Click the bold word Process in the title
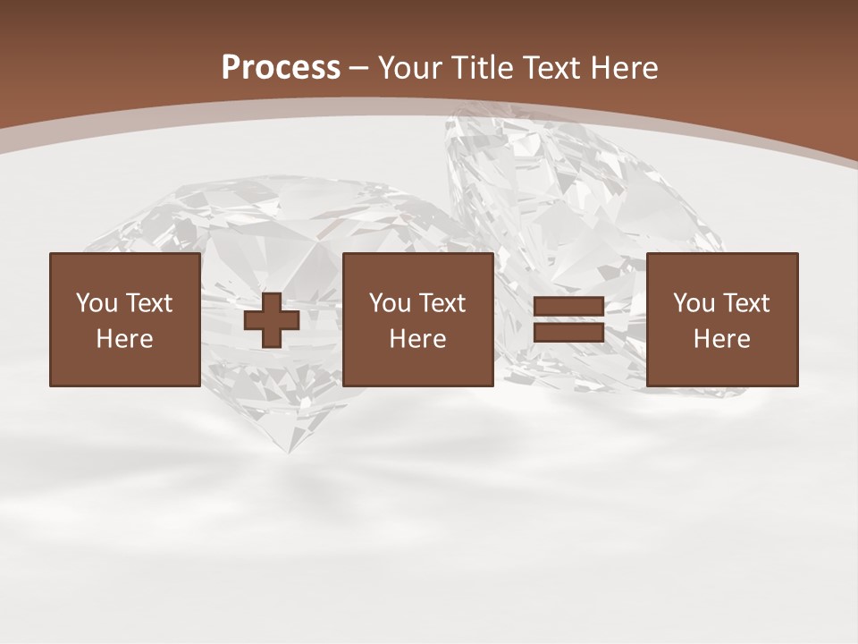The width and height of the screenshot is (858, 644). coord(281,68)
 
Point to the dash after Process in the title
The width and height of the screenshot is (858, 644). coord(359,68)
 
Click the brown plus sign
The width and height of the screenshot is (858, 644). coord(272,320)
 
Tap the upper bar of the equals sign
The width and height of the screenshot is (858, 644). coord(568,307)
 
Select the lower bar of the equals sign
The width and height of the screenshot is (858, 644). coord(568,332)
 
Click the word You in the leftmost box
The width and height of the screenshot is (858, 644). coord(97,303)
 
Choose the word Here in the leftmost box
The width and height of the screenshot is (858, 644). coord(124,339)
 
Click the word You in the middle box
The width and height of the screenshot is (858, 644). coord(390,303)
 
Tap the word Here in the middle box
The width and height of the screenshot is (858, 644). coord(417,339)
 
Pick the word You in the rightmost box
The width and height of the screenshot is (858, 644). coord(694,303)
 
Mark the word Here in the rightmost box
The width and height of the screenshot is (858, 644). coord(721,339)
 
